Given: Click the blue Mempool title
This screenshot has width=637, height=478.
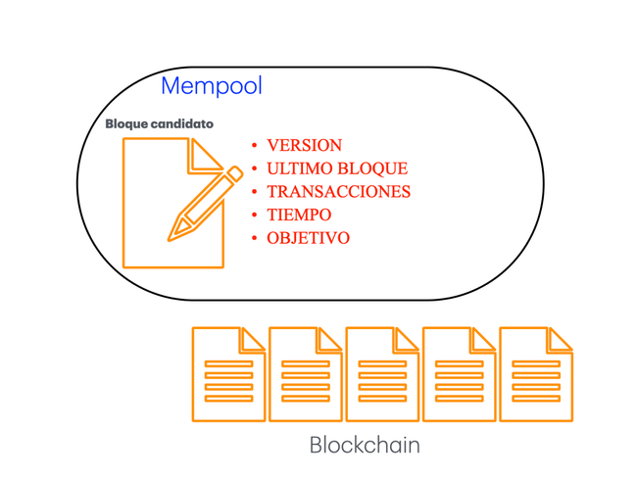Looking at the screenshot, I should coord(211,86).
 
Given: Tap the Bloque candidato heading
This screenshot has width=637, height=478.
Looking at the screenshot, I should coord(159,124).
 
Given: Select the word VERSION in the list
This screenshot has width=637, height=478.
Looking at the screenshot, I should coord(304,145).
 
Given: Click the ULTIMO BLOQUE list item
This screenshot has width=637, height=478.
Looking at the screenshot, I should coord(336,168).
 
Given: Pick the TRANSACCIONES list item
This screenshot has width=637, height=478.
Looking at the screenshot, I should coord(338,191).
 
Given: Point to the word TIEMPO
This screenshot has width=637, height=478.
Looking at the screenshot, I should coord(299,215).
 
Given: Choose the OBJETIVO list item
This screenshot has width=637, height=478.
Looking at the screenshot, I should coord(308,238).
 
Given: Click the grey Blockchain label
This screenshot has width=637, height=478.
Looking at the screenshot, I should coord(365,445).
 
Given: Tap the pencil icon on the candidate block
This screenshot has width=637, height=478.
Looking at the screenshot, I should coord(205,205).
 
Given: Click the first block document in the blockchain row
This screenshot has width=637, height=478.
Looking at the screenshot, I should coord(228,375).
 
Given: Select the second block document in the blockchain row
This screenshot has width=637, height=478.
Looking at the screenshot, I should coord(305,375).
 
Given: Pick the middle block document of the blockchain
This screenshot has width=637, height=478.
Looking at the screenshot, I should coord(382,375).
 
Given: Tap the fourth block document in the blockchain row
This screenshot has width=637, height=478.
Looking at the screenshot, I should coord(459,375).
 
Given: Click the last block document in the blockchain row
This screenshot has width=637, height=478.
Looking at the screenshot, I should coord(536,375).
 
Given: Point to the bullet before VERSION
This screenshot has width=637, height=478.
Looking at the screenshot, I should coord(255,145).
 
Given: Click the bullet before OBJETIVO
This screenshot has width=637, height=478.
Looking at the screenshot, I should coord(255,238).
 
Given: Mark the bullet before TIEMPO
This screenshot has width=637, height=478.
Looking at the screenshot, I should coord(255,215).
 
